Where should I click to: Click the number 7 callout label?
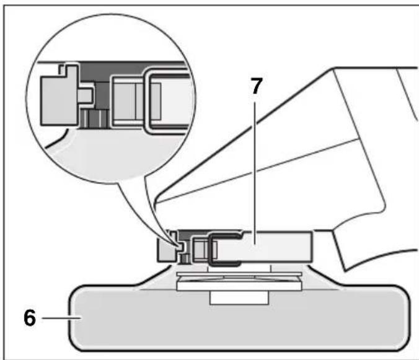pos(256,86)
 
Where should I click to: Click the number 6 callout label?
pos(29,317)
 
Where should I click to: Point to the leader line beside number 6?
pos(61,318)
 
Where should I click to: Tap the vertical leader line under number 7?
pos(255,173)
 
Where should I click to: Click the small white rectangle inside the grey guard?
pos(239,298)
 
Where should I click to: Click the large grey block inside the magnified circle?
pos(60,96)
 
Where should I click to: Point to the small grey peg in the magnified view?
pos(86,95)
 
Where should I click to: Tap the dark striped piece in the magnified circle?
pos(95,119)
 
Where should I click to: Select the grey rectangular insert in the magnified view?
pos(137,101)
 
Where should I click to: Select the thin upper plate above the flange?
pos(239,274)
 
